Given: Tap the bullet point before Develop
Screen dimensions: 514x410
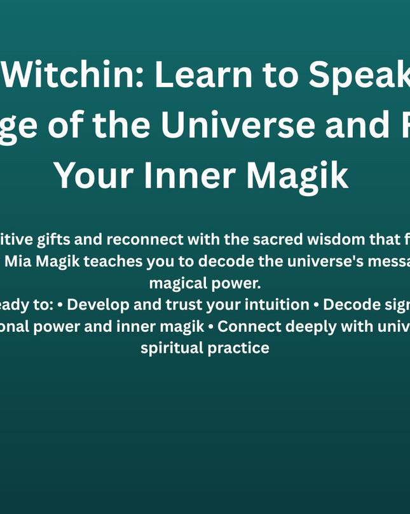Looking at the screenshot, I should (x=59, y=304).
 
